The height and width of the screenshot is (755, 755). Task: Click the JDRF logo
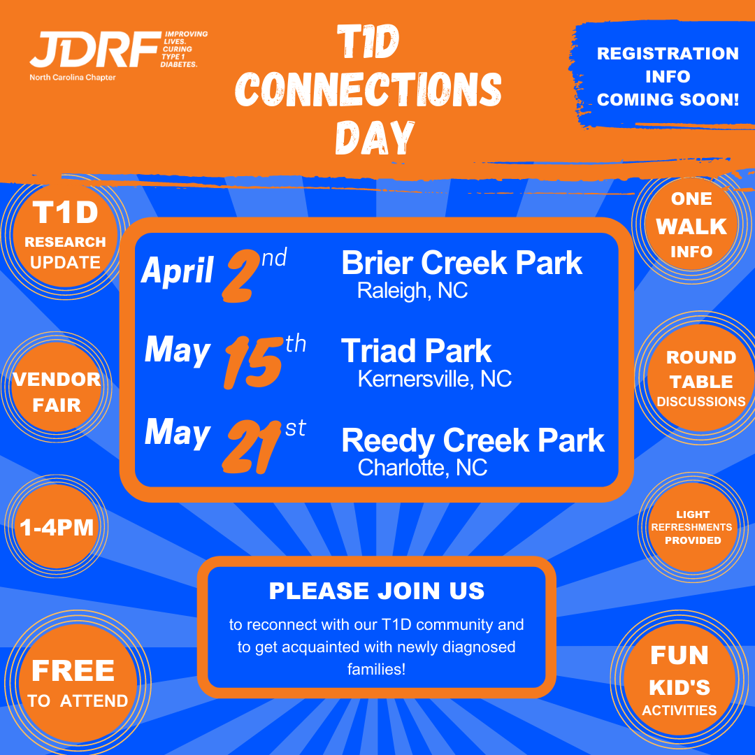95,49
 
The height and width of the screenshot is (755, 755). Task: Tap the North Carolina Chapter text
73,77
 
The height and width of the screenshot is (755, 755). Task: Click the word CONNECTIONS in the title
368,89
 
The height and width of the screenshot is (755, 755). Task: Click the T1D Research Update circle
65,236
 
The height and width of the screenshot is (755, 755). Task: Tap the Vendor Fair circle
57,387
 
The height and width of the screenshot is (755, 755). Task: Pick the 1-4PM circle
57,527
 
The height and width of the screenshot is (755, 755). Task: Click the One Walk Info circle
691,225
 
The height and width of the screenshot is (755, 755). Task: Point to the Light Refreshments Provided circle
692,527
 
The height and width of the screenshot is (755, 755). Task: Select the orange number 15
253,363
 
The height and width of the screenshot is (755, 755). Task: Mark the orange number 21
252,446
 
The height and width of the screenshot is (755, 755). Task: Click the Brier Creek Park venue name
462,263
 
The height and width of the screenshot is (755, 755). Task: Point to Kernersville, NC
435,378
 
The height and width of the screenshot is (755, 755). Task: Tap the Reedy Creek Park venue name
473,440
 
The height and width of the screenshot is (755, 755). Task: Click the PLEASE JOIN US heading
377,591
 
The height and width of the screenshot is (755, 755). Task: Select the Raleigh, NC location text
412,290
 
